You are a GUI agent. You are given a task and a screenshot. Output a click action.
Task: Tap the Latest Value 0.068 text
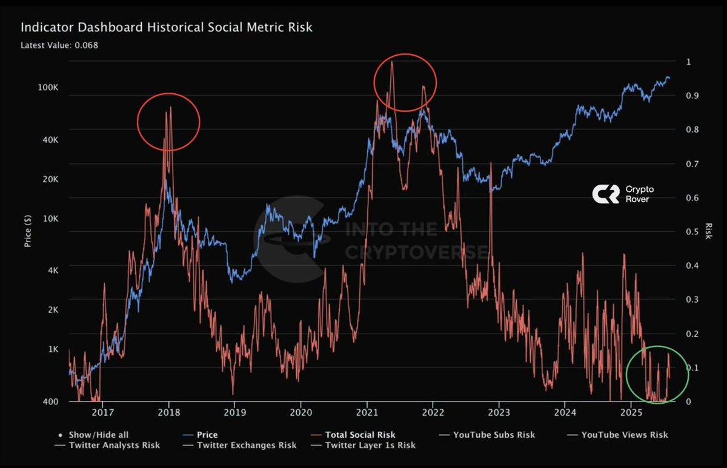59,45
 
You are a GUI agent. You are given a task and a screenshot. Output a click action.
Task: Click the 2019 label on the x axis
234,414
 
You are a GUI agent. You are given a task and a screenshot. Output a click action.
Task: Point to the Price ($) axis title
28,232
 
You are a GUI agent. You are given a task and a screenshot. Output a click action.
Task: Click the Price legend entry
207,435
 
